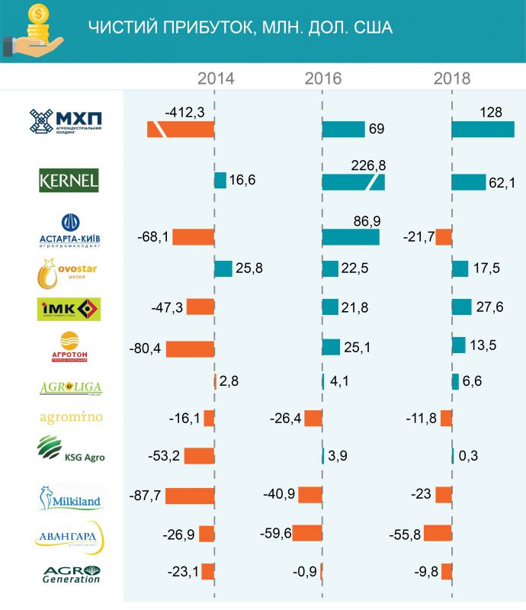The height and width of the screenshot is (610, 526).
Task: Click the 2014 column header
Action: point(216,79)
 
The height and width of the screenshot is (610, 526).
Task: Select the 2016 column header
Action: point(323,79)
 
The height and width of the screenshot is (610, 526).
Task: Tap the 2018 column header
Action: point(452,79)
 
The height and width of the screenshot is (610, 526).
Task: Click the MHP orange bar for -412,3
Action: point(181,130)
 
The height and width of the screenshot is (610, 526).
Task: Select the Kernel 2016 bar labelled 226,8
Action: point(353,182)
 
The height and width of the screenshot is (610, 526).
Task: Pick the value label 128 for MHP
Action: point(491,112)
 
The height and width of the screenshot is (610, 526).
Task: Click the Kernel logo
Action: point(69,181)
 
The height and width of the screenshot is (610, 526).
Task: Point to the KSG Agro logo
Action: point(71,449)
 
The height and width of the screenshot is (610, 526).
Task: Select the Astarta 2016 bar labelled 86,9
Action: point(351,237)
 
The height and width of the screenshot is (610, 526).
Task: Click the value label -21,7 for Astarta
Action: point(419,237)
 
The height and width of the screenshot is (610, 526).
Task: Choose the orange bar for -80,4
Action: point(190,349)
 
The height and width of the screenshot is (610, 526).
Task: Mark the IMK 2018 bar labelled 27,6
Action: point(462,307)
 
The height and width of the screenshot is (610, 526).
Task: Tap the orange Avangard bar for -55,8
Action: point(438,533)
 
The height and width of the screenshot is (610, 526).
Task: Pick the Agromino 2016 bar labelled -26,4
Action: point(313,418)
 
